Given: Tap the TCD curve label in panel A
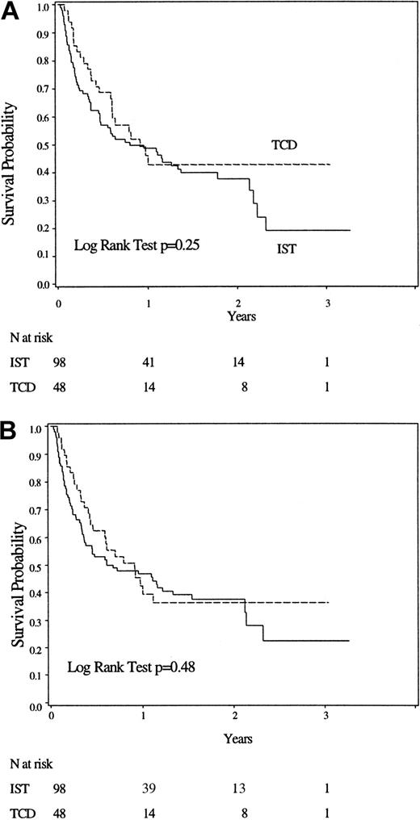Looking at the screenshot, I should click(x=284, y=143).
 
